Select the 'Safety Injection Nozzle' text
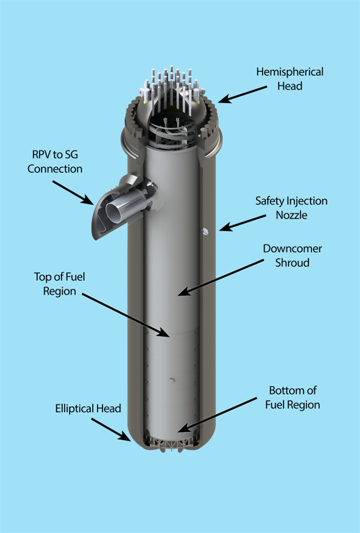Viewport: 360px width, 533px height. click(x=291, y=208)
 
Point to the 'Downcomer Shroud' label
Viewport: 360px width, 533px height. click(x=292, y=256)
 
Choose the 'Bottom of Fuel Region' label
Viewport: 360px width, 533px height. click(x=292, y=398)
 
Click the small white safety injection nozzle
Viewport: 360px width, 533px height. click(x=205, y=231)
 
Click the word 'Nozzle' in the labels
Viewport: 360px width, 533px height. click(x=291, y=214)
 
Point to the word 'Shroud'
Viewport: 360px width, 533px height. click(x=292, y=263)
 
